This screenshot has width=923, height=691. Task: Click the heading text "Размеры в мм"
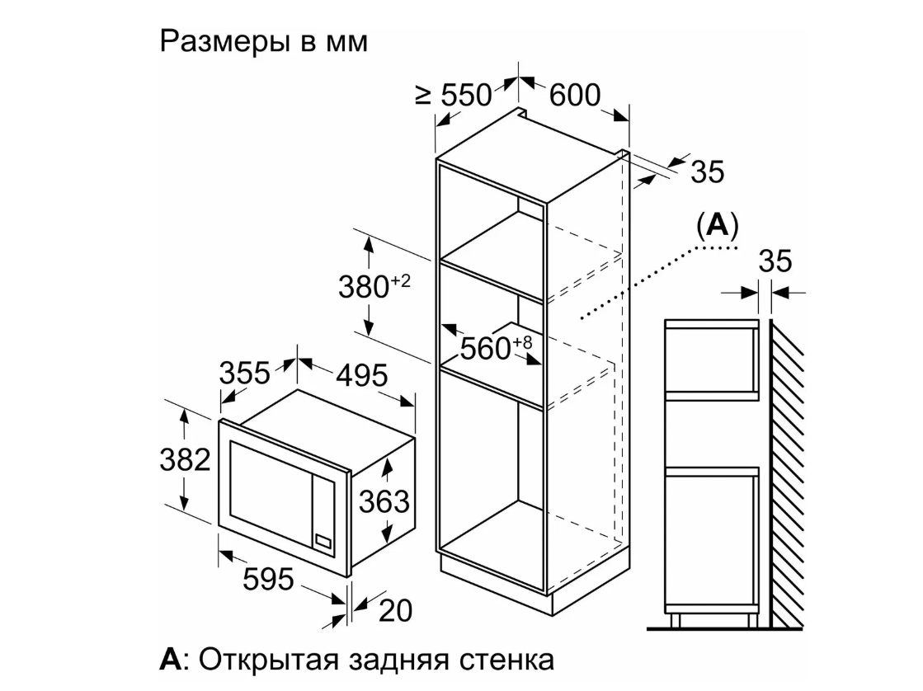point(263,42)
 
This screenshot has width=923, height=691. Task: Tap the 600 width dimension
point(574,96)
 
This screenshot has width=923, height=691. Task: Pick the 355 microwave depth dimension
point(244,374)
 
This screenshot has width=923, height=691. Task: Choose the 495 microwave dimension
point(361,376)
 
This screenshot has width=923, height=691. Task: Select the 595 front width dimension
point(268,580)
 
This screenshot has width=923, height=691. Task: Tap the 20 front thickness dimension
point(394,611)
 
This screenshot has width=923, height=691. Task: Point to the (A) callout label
point(716,224)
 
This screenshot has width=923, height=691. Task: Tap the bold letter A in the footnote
point(169,660)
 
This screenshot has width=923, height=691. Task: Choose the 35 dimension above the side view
point(775,261)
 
